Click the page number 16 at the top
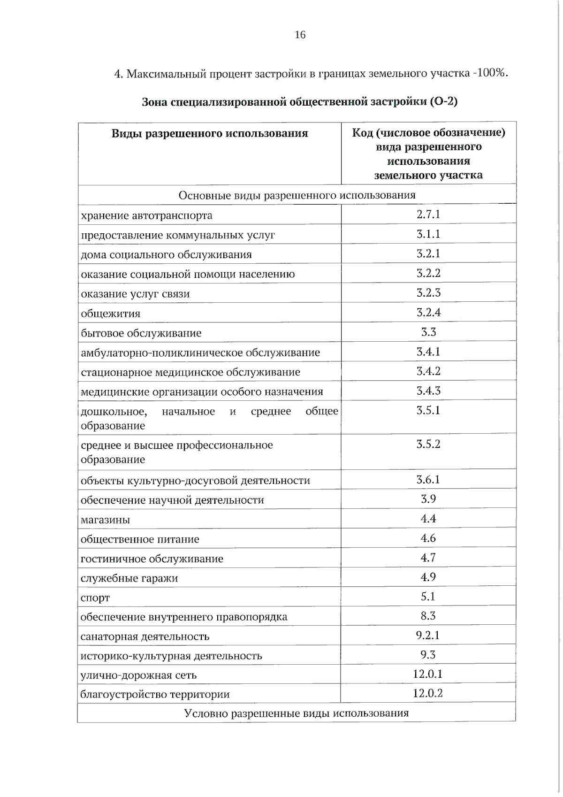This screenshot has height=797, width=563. [x=300, y=35]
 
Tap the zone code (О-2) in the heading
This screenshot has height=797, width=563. [x=443, y=101]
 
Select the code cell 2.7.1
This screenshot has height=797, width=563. [x=428, y=215]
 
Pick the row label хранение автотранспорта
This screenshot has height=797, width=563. [x=146, y=215]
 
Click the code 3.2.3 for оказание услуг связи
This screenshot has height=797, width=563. [x=428, y=293]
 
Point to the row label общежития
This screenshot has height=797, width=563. [x=110, y=314]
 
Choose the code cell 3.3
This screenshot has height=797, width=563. [x=428, y=332]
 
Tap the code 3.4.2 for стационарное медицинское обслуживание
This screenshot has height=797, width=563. [x=428, y=371]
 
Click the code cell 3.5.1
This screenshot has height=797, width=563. [x=428, y=411]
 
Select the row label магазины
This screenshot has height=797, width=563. [x=105, y=520]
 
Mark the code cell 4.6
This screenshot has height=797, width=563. [x=428, y=538]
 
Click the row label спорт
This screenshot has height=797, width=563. [x=95, y=598]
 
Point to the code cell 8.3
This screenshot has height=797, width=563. [x=428, y=616]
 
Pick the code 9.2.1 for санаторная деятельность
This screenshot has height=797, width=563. [x=428, y=636]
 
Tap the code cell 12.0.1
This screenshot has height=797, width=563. [x=428, y=674]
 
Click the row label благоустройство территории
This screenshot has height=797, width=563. [x=155, y=694]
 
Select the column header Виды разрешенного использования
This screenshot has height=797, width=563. [x=210, y=134]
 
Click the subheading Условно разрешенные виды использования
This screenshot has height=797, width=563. [x=297, y=713]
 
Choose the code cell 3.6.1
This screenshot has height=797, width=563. [x=428, y=480]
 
